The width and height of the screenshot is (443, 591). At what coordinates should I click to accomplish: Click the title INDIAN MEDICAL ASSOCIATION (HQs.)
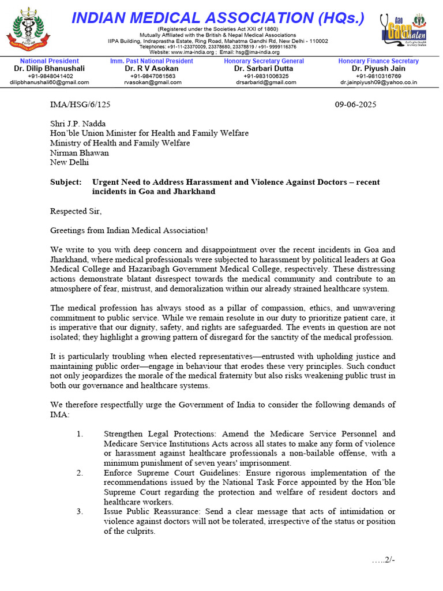217,18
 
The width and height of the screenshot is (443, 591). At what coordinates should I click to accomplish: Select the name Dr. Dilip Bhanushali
49,68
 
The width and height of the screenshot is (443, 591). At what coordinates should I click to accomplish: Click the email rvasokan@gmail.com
152,83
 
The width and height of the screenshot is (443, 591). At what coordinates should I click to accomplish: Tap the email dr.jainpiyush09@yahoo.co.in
378,83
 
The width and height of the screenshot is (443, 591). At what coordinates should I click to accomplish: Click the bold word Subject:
66,182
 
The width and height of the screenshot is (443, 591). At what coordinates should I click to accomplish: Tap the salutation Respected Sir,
75,211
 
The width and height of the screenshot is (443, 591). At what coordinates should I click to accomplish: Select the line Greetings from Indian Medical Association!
129,231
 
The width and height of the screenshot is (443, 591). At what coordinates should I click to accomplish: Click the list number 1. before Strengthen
80,434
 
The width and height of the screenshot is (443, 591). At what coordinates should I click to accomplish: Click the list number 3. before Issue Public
80,512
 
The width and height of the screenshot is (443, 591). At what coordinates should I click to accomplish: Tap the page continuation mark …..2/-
384,560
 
